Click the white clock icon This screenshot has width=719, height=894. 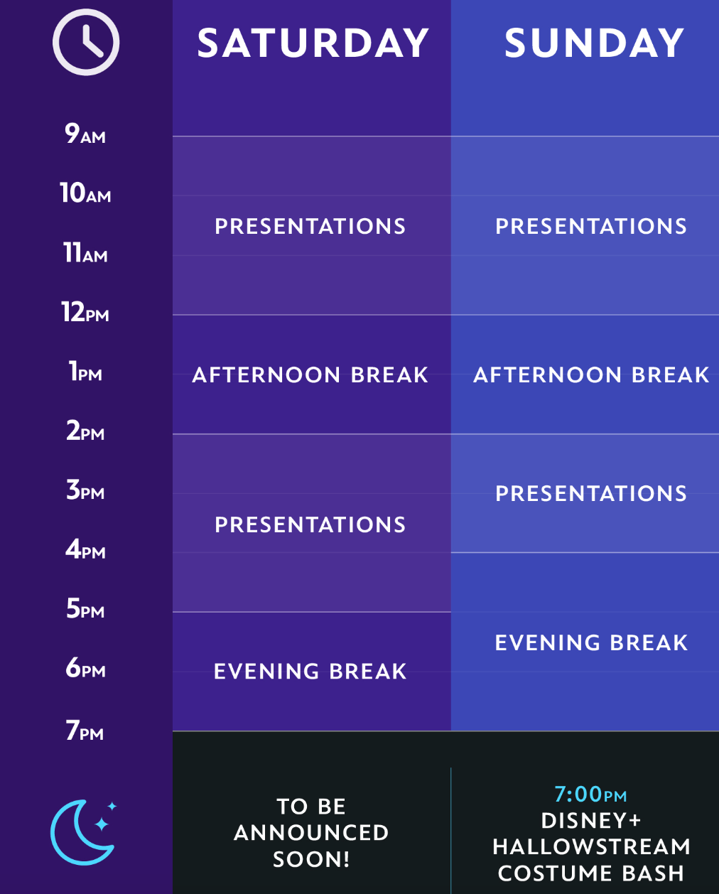point(86,43)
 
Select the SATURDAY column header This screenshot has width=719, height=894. point(313,43)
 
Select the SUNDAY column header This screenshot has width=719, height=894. point(594,43)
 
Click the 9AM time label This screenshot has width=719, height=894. point(85,134)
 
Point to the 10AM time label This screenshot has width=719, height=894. point(85,193)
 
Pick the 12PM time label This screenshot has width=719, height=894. point(85,312)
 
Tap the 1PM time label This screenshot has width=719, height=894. point(85,371)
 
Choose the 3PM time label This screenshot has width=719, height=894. point(85,490)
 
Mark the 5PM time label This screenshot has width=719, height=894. point(85,608)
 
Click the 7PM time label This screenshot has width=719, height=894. point(85,731)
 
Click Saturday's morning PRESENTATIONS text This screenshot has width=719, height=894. point(310,227)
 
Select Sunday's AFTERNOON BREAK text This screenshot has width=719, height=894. point(591,375)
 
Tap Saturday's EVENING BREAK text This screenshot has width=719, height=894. point(310,672)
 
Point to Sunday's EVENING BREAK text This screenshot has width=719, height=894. point(591,642)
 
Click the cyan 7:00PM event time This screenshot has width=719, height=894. point(590,795)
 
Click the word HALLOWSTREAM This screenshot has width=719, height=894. point(591,847)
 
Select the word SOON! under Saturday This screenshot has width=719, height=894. point(311,859)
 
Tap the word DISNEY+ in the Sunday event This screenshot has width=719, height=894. point(591,821)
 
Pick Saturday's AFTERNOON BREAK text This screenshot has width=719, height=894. point(310,375)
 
